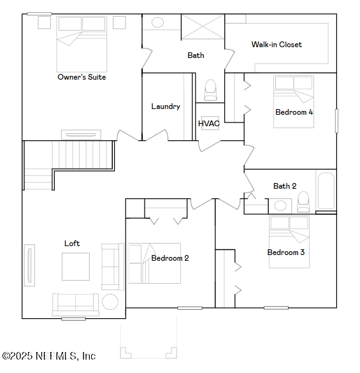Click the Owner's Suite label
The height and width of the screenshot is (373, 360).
(x=82, y=77)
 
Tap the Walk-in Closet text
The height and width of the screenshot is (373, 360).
(x=277, y=45)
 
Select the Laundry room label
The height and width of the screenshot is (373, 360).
(x=166, y=106)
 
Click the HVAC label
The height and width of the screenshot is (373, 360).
(x=209, y=124)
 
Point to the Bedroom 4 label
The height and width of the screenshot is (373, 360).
(x=294, y=112)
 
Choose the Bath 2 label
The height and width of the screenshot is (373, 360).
(x=285, y=186)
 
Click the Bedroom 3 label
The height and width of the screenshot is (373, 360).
(x=285, y=252)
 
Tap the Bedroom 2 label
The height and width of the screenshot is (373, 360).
(x=169, y=258)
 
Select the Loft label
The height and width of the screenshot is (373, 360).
(x=72, y=244)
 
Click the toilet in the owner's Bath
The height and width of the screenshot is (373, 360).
(x=210, y=90)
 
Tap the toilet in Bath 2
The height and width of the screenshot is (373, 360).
(x=303, y=201)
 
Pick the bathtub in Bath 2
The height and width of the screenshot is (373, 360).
(x=326, y=191)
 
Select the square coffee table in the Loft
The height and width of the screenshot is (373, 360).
(x=75, y=267)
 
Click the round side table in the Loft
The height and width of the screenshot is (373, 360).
(x=110, y=302)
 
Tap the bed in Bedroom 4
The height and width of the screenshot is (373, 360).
(x=294, y=101)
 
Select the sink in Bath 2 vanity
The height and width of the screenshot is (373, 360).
(x=280, y=205)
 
